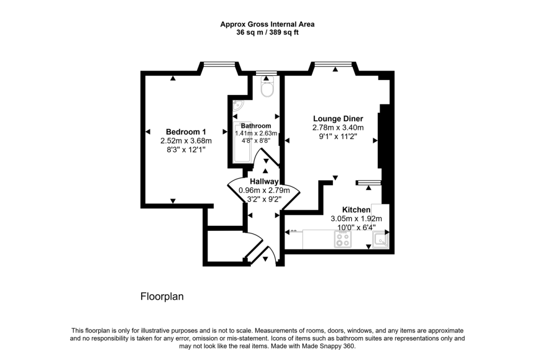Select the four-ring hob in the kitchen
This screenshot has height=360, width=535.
[343, 239]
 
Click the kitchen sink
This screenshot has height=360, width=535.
[380, 240]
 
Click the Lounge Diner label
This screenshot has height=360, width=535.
[338, 118]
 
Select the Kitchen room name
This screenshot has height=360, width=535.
[356, 210]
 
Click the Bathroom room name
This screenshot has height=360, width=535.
[256, 126]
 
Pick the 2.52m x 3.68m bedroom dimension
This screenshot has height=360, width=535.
[185, 141]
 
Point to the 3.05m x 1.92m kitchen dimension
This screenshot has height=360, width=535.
[356, 218]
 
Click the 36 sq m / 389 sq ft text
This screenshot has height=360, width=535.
[267, 32]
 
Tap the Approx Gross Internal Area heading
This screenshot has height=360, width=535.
[267, 24]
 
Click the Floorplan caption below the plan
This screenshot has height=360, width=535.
[162, 297]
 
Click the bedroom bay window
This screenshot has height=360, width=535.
[218, 65]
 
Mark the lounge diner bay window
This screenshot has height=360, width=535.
[334, 65]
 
